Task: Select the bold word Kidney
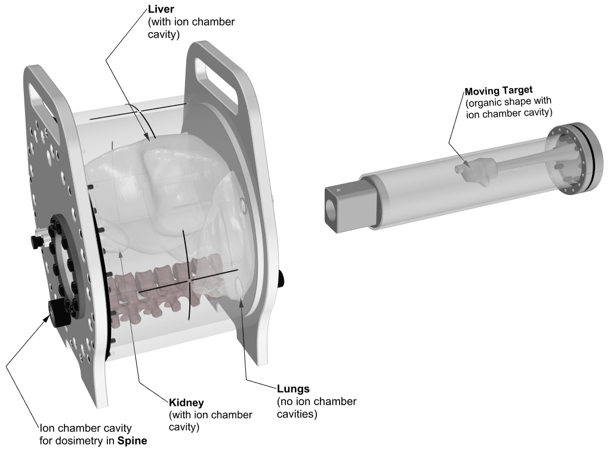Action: (187, 403)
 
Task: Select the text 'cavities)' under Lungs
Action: (298, 412)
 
